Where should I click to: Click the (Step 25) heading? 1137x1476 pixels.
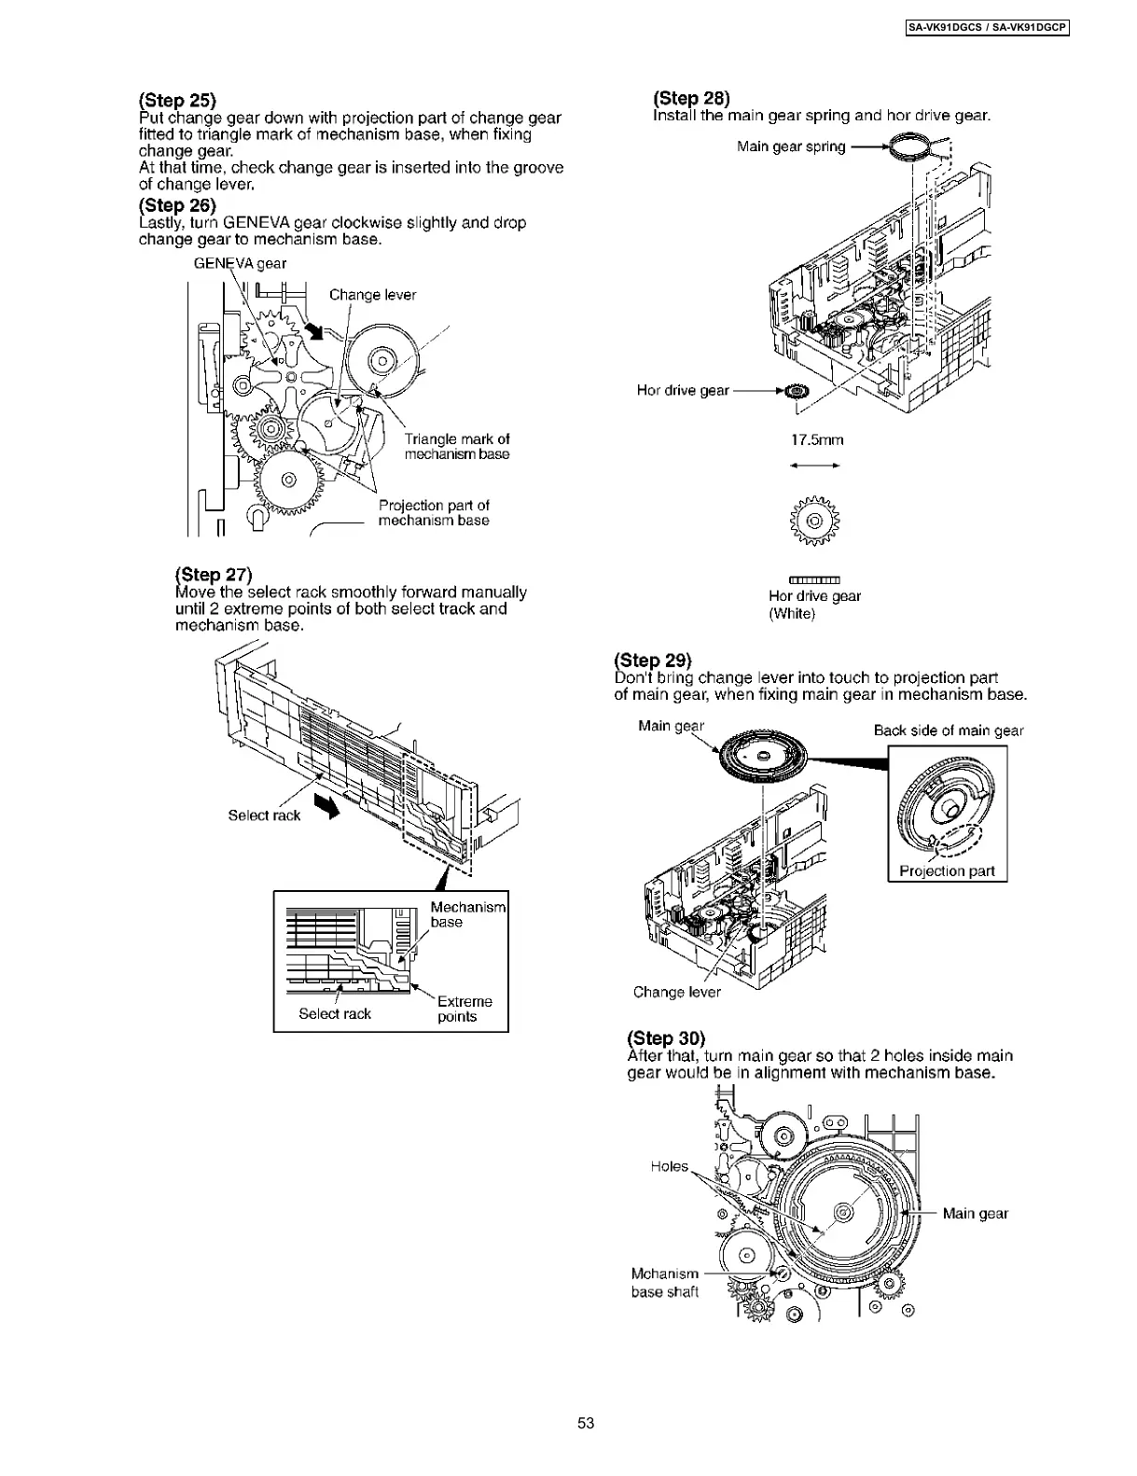[177, 101]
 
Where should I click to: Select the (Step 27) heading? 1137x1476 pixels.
[214, 575]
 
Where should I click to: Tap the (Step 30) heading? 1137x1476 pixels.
[666, 1038]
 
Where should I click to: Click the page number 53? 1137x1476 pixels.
[586, 1423]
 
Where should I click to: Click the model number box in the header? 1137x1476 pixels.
[987, 28]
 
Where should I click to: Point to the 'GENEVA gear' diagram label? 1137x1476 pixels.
[240, 263]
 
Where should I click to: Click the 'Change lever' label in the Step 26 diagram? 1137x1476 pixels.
[372, 295]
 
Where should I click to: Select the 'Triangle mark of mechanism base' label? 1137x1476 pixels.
[457, 447]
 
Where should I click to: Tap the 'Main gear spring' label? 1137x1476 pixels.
[791, 146]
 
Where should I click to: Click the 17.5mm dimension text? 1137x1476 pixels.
[816, 439]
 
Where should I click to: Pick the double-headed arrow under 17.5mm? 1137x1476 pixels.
[815, 466]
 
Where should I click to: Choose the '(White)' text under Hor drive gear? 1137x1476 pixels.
[792, 613]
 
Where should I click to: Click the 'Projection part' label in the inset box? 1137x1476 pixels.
[947, 871]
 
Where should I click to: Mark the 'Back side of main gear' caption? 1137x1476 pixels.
[949, 731]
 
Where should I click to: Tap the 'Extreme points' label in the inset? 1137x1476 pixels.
[464, 1009]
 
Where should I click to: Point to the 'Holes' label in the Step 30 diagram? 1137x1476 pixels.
[669, 1166]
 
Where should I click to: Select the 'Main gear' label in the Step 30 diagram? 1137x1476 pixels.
[975, 1213]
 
